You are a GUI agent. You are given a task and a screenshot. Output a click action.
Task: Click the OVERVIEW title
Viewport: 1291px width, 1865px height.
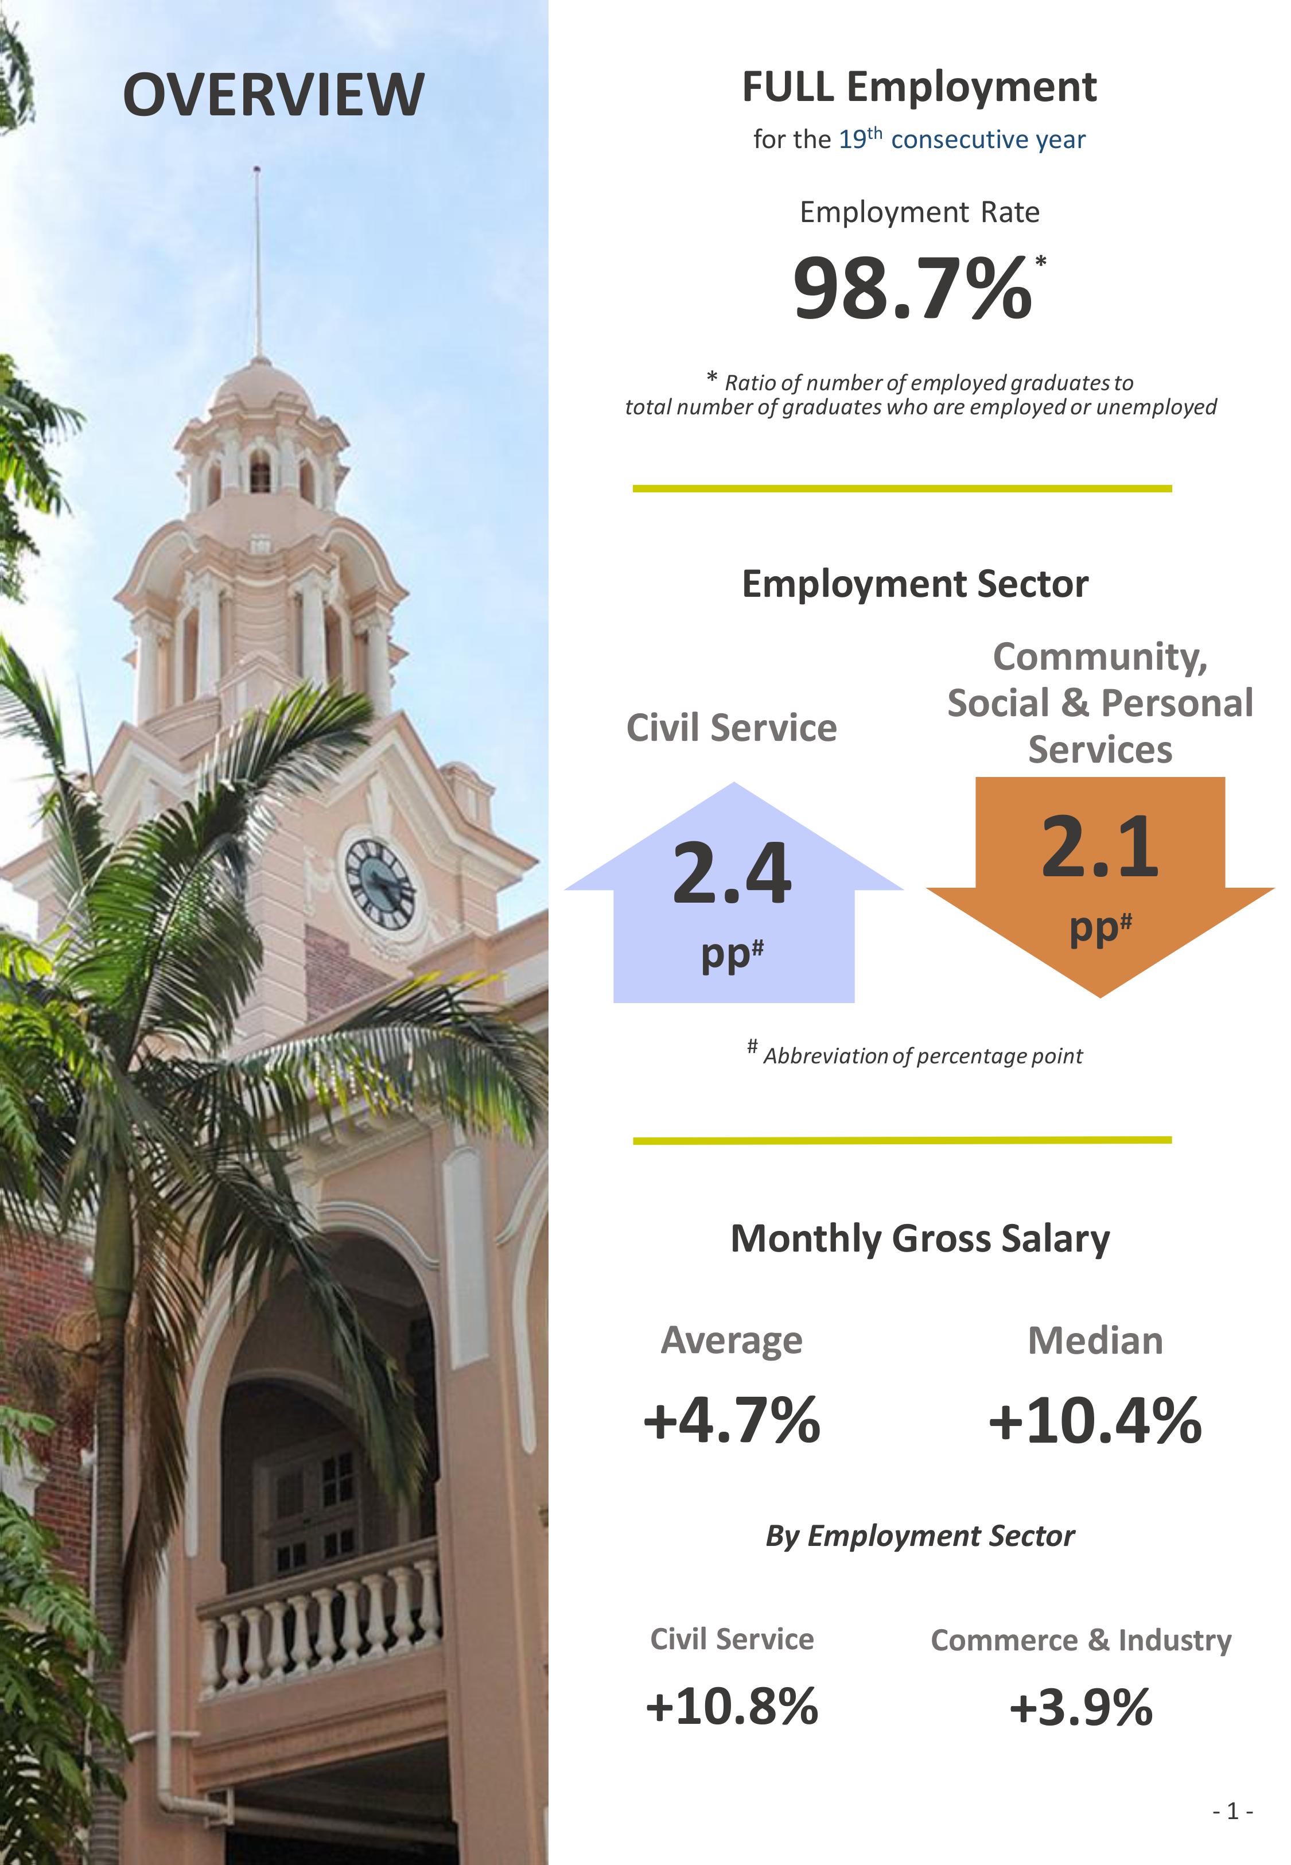tap(274, 95)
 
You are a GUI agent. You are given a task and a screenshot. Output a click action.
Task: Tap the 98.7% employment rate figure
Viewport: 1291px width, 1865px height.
tap(912, 289)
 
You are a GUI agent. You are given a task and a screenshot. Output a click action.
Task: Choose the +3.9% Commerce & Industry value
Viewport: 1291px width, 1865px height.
tap(1080, 1707)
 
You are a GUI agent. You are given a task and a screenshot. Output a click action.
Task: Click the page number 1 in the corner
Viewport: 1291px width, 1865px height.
tap(1232, 1811)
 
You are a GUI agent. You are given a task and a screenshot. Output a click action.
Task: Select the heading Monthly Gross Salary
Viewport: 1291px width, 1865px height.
tap(920, 1238)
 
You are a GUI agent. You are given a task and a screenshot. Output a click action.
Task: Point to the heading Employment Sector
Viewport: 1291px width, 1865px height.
tap(915, 584)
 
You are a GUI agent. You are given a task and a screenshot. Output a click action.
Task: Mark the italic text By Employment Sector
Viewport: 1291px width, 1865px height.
tap(920, 1536)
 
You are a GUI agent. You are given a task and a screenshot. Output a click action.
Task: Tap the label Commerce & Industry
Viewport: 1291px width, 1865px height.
tap(1080, 1640)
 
